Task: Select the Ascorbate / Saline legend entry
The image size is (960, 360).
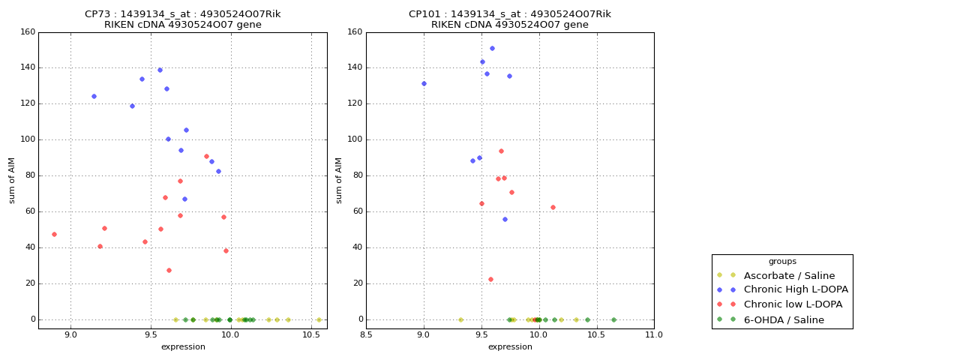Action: [x=789, y=275]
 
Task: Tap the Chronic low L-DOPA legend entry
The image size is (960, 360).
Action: [x=793, y=304]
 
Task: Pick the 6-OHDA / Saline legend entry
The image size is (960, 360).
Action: [x=784, y=320]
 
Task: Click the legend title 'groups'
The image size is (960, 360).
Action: [x=782, y=262]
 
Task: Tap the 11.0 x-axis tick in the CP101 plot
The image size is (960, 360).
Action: [x=653, y=335]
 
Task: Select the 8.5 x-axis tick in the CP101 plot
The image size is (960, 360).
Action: [x=366, y=335]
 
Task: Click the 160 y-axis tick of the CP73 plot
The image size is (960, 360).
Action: [x=28, y=32]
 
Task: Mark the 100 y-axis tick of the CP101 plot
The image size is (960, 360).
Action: [x=355, y=139]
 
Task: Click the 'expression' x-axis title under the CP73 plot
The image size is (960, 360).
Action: [x=183, y=346]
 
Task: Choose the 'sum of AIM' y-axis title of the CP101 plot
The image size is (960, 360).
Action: [x=339, y=180]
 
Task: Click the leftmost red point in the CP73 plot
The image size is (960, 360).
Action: [x=54, y=234]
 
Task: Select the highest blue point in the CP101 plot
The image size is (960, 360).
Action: [x=492, y=48]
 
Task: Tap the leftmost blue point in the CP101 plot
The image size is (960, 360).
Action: [x=424, y=83]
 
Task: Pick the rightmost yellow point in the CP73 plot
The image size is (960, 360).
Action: [x=319, y=319]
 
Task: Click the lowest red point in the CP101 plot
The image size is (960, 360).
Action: [x=490, y=279]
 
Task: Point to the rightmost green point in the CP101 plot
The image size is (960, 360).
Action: [x=613, y=319]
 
